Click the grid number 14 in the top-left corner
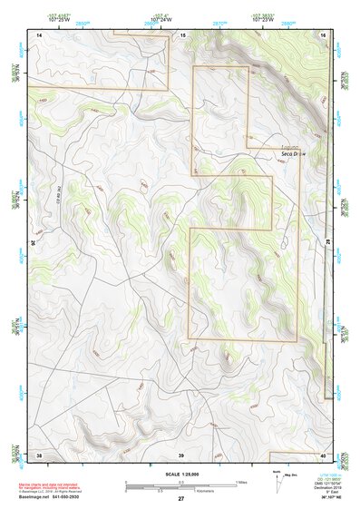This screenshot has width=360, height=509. click(39, 34)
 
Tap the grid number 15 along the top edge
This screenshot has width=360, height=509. click(181, 34)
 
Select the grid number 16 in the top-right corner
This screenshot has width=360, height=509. click(323, 34)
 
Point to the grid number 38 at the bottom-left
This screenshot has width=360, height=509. click(39, 454)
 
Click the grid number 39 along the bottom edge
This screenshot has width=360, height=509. click(181, 454)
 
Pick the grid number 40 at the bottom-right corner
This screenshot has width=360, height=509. click(323, 454)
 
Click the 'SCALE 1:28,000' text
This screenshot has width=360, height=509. click(181, 473)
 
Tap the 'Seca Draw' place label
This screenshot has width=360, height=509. click(294, 154)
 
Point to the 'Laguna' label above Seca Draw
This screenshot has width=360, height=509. click(289, 147)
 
